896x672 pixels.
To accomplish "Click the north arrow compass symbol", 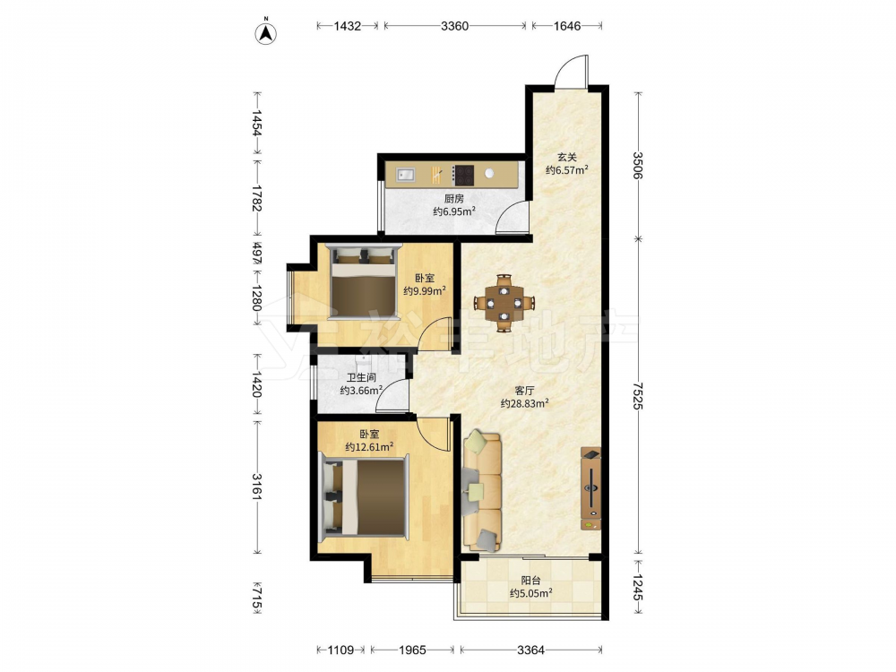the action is [266, 32].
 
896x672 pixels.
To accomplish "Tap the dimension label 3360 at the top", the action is [455, 26].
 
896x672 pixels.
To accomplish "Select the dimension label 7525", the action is [638, 395].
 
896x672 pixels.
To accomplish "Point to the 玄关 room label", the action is [567, 157].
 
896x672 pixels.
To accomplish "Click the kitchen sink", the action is [407, 174].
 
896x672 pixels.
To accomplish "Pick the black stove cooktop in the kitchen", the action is [463, 175].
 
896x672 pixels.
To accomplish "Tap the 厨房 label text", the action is [453, 199].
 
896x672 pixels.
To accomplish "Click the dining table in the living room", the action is [504, 303].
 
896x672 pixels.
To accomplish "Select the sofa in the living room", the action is [482, 492].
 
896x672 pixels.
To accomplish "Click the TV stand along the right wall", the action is [590, 488].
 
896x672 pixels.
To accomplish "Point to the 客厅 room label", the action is [524, 391].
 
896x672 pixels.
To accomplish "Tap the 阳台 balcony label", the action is [530, 580].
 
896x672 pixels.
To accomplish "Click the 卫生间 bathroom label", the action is [361, 377].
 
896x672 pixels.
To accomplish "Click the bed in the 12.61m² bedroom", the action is [364, 496].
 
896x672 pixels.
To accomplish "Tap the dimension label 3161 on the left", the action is [256, 487].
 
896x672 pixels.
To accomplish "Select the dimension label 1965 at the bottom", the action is [412, 649].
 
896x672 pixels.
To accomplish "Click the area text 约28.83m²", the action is [524, 403].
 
